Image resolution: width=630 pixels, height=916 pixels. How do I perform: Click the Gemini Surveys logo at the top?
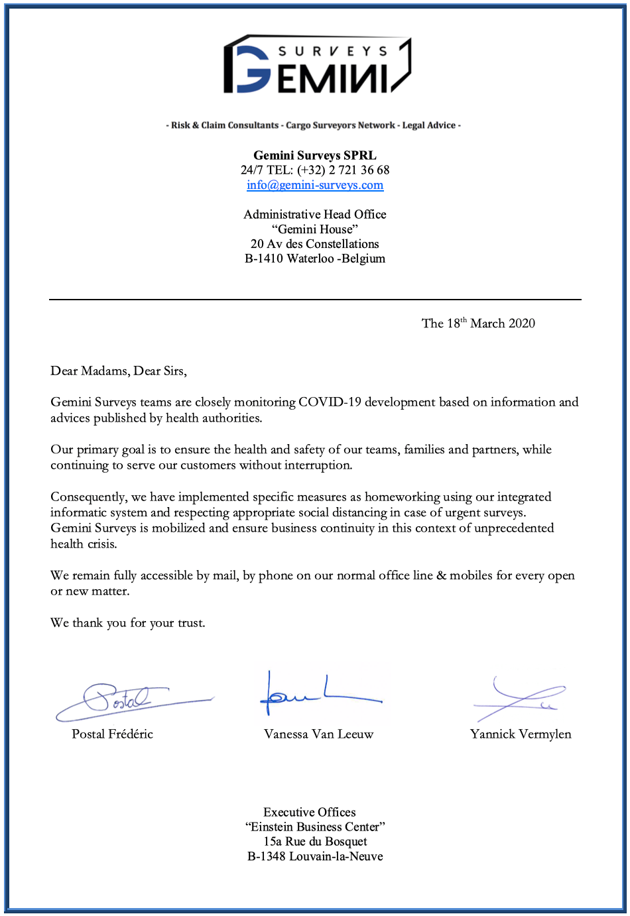316,64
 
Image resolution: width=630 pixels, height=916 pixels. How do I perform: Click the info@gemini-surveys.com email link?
315,185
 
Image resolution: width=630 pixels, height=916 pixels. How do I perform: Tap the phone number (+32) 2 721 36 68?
343,170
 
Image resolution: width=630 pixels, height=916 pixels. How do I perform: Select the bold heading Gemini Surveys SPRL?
315,155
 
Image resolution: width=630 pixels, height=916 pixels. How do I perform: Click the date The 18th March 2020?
478,323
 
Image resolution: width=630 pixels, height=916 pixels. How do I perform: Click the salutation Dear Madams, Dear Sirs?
119,371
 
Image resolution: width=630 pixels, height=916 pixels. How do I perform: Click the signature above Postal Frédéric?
133,701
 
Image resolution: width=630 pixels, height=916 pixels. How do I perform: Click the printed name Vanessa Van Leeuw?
318,734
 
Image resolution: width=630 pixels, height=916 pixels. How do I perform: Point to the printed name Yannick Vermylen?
521,734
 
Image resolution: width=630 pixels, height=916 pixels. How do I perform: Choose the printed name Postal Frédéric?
113,734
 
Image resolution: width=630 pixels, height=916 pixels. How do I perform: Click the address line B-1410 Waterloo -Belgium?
315,258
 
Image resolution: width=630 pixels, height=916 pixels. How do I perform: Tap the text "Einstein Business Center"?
315,827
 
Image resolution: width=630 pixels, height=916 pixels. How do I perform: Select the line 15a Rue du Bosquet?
315,842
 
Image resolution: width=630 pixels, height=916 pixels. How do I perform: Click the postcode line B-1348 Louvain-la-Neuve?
315,856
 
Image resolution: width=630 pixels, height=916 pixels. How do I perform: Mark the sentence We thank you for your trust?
128,623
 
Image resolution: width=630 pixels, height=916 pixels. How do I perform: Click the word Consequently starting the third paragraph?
89,497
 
